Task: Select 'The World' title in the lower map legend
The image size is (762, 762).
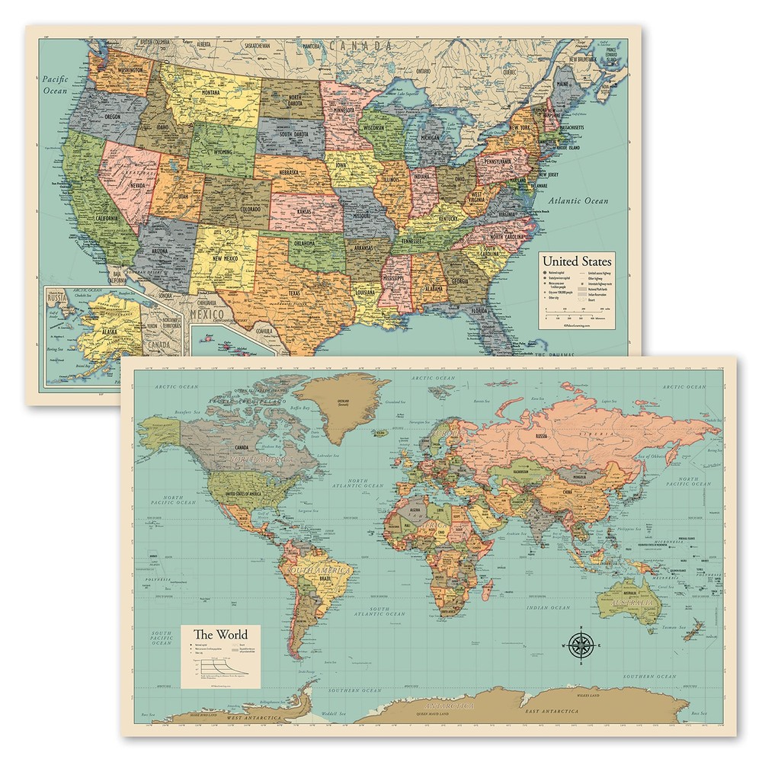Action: [x=220, y=634]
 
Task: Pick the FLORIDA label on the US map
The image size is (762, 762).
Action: [x=479, y=311]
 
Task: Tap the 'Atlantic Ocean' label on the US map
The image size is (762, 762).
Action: [x=581, y=201]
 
